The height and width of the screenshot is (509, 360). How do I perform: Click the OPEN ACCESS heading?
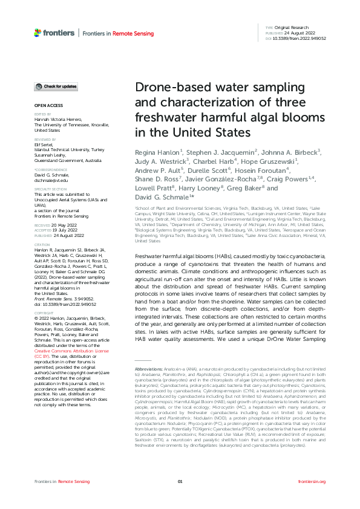[x=44, y=105]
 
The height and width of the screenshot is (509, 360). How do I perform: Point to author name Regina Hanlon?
[x=157, y=152]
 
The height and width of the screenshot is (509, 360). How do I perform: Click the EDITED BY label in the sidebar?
[x=42, y=114]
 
